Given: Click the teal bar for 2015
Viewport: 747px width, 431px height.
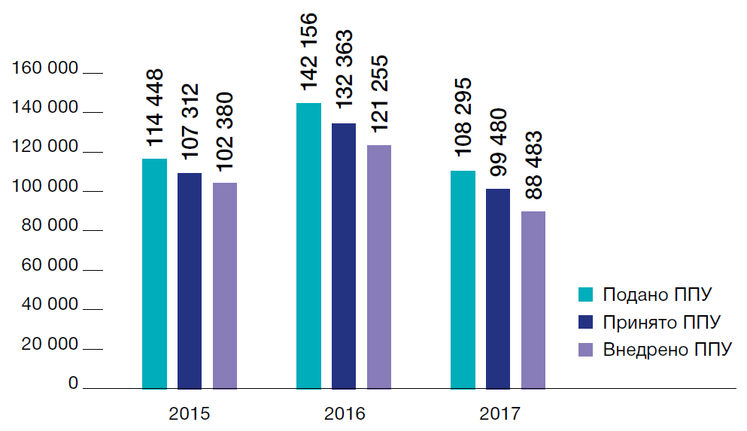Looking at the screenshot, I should coord(154,274).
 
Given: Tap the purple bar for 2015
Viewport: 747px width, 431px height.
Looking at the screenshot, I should coord(225,286).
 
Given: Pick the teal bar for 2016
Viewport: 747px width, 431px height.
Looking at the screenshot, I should coord(308,246).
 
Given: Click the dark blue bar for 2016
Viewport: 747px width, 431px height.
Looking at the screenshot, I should coord(344,256).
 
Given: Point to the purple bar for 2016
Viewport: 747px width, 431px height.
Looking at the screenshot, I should coord(379,267).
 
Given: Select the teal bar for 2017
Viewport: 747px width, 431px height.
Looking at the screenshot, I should coord(463,280).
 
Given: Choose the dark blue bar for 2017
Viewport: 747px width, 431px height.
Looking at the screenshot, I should coord(498,289).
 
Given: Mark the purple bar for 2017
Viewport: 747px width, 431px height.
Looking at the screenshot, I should coord(533,300).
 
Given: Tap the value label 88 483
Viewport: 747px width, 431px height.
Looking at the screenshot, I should coord(533,166).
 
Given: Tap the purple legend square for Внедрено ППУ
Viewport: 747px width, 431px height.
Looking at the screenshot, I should coord(585,350).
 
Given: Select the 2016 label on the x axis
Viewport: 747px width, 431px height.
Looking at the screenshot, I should coord(345,414).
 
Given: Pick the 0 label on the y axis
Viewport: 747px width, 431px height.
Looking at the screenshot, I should coord(73,384).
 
